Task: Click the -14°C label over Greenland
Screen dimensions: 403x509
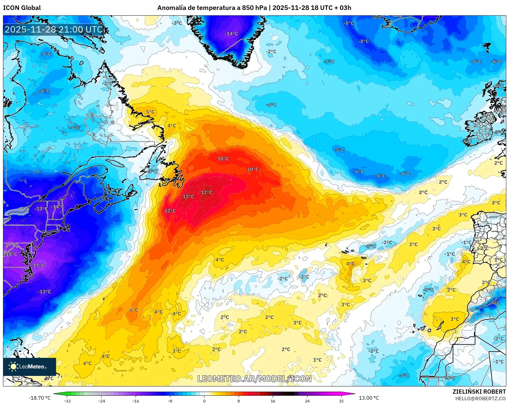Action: point(231,34)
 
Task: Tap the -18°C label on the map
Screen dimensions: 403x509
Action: point(11,254)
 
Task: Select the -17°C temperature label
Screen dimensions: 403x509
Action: point(38,265)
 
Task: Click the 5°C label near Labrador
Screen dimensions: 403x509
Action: point(150,112)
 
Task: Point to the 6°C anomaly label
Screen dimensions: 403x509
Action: point(134,310)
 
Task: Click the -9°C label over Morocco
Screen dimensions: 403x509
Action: point(494,303)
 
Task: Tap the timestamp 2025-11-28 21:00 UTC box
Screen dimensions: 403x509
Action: point(54,29)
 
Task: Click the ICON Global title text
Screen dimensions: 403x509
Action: point(22,8)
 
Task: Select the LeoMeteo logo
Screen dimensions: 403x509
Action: point(29,367)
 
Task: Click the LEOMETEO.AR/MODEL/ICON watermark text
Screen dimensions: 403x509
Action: point(254,379)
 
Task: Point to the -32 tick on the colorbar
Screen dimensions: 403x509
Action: point(67,401)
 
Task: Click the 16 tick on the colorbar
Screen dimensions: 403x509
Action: point(273,401)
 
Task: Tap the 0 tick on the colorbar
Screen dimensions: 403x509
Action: point(204,401)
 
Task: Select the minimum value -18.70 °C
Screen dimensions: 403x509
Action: point(40,398)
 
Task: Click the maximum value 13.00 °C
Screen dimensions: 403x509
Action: point(369,398)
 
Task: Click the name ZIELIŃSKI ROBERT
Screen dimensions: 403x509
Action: point(479,392)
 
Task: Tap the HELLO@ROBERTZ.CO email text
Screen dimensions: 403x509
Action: point(480,398)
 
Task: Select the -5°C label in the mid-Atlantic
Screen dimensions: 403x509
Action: point(339,150)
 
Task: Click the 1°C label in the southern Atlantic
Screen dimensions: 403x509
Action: point(317,360)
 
